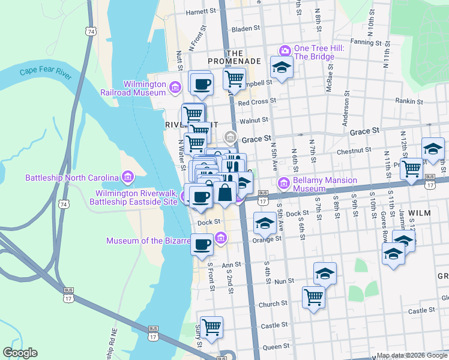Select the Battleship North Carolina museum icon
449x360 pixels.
click(x=127, y=178)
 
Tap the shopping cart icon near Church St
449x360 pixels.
click(x=313, y=296)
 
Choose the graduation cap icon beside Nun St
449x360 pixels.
click(x=325, y=273)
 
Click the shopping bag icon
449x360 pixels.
click(x=225, y=193)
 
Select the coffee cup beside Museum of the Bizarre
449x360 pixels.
click(x=202, y=244)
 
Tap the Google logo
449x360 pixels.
click(x=20, y=353)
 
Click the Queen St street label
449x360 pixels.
click(x=276, y=346)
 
